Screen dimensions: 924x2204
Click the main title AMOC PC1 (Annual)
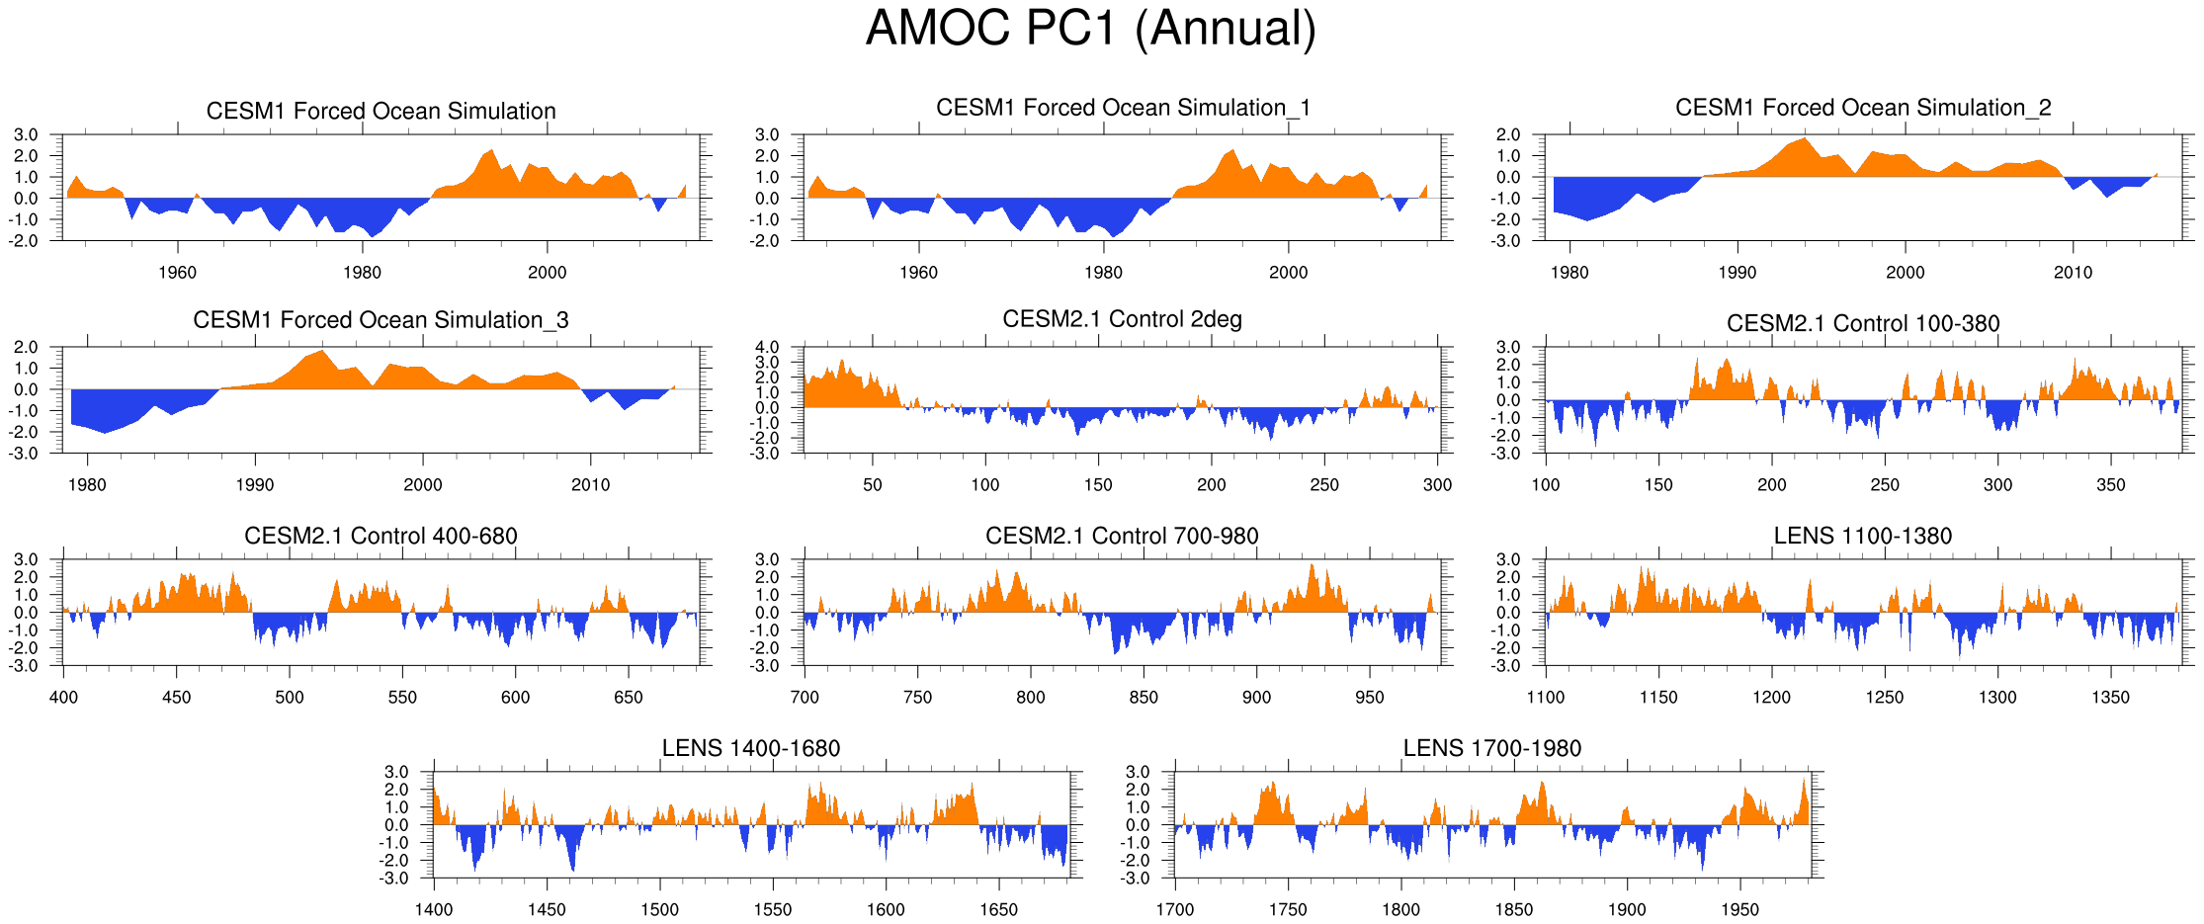pyautogui.click(x=1090, y=29)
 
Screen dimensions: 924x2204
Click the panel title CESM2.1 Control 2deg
pyautogui.click(x=1122, y=319)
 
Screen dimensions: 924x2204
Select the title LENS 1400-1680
pyautogui.click(x=751, y=748)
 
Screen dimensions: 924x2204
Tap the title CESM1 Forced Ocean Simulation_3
pyautogui.click(x=381, y=320)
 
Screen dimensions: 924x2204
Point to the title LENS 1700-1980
pyautogui.click(x=1492, y=748)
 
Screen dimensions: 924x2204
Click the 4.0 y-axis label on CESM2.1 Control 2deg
pyautogui.click(x=767, y=348)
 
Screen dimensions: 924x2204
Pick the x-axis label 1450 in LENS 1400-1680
pyautogui.click(x=547, y=909)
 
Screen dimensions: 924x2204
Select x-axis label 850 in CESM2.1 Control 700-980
pyautogui.click(x=1144, y=697)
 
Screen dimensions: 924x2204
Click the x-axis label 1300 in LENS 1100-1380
pyautogui.click(x=1997, y=697)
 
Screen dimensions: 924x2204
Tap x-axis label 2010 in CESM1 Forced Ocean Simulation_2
pyautogui.click(x=2073, y=273)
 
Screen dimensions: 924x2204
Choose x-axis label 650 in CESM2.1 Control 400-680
pyautogui.click(x=629, y=697)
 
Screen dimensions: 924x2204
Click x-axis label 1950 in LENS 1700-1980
pyautogui.click(x=1739, y=909)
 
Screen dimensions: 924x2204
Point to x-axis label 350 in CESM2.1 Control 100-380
pyautogui.click(x=2110, y=484)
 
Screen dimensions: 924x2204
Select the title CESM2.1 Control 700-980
pyautogui.click(x=1122, y=536)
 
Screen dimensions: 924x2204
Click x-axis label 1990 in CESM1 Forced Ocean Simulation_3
pyautogui.click(x=255, y=484)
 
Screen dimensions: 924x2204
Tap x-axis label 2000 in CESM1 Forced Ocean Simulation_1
pyautogui.click(x=1288, y=273)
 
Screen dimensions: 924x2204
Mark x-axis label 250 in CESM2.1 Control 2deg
pyautogui.click(x=1324, y=484)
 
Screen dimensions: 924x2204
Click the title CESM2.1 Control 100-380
pyautogui.click(x=1863, y=323)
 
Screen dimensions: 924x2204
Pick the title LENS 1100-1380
pyautogui.click(x=1863, y=536)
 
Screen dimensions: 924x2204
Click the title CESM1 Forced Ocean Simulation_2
pyautogui.click(x=1863, y=108)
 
